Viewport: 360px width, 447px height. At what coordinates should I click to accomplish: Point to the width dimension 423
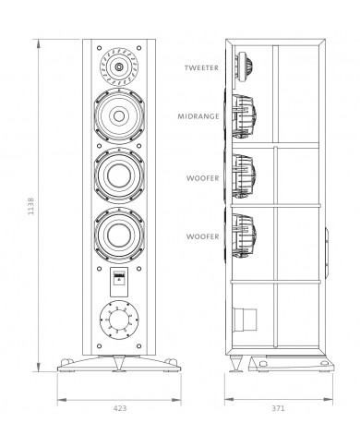[120, 406]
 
